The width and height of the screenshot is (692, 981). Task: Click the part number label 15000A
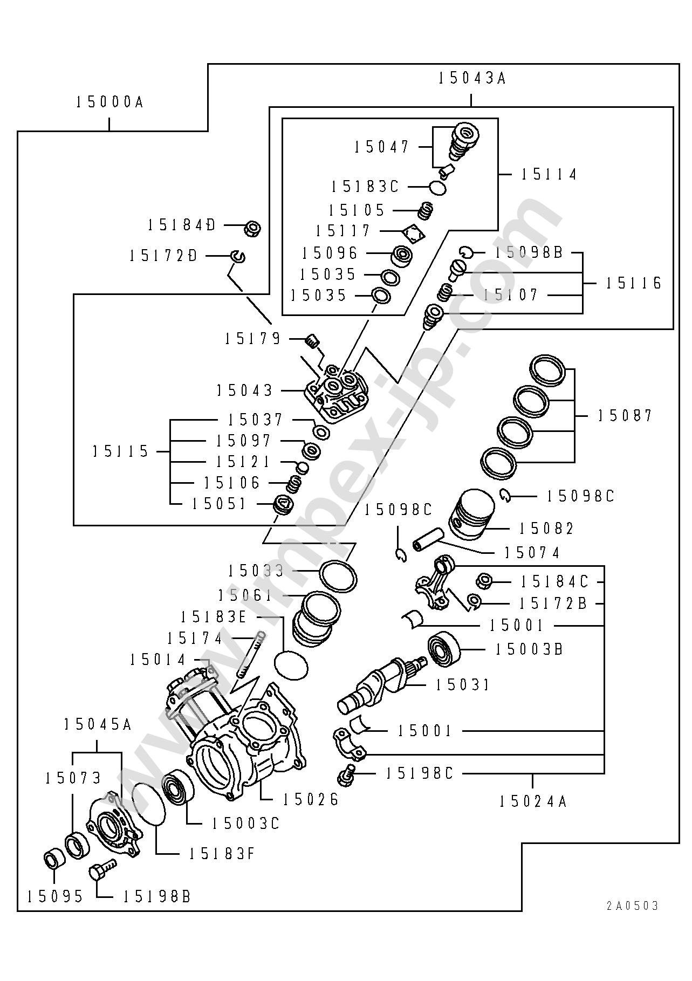[109, 102]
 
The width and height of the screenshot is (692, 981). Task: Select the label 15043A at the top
[471, 79]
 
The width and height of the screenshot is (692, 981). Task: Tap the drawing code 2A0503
[632, 906]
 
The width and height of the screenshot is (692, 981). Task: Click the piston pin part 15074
[429, 540]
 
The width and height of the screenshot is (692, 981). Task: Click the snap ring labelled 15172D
[238, 256]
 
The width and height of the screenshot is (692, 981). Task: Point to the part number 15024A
[532, 801]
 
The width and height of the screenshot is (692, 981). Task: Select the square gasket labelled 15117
[414, 233]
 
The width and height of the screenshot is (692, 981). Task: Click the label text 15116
[633, 283]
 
